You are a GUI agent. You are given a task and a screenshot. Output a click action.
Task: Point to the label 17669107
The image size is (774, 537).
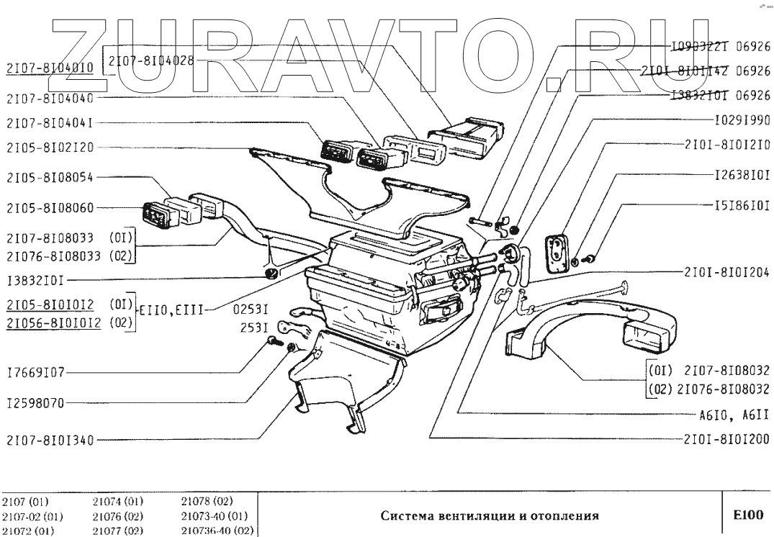click(35, 374)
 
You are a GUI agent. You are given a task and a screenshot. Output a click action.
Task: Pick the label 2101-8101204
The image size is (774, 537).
click(727, 274)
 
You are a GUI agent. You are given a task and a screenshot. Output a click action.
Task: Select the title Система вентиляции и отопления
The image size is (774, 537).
click(489, 515)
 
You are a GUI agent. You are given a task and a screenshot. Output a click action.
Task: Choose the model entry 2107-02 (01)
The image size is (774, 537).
click(34, 516)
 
